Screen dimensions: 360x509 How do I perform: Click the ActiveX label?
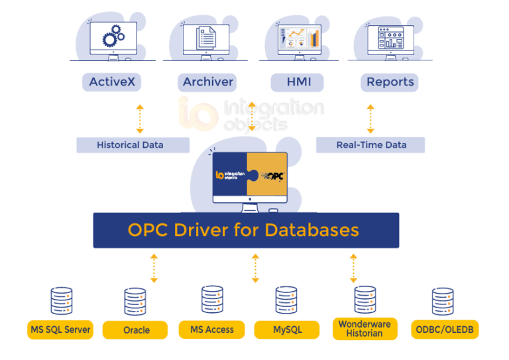pos(111,82)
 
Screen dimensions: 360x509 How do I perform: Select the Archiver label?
pos(208,82)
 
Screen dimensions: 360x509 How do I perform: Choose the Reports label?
pos(390,82)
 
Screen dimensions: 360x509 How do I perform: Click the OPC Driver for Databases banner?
pos(246,230)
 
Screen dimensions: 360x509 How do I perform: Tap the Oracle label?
pos(136,330)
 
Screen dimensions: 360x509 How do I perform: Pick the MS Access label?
pos(211,329)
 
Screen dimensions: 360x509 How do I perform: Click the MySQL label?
pos(287,329)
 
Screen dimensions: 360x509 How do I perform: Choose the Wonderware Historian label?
pos(365,329)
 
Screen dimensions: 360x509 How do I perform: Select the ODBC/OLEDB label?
pos(445,329)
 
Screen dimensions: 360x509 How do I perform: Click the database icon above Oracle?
pos(135,302)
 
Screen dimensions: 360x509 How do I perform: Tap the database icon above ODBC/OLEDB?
pos(443,302)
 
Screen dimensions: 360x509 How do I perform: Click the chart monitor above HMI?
pos(299,38)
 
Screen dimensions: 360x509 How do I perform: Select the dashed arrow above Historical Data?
pos(139,119)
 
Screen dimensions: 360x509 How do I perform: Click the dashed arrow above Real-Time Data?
pos(370,119)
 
